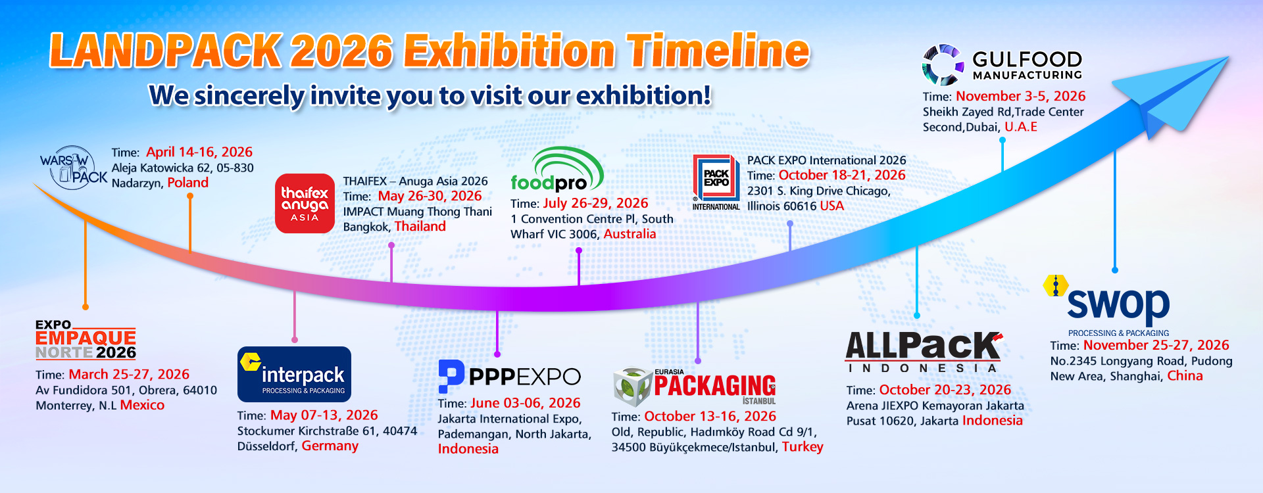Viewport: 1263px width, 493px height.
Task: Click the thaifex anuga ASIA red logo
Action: coord(305,203)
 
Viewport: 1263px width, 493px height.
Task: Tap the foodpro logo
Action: coord(556,170)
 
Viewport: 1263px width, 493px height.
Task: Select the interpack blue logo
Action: coord(294,374)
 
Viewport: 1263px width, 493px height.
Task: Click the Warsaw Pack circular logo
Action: coord(73,168)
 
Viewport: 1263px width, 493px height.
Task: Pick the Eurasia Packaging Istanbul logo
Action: coord(695,386)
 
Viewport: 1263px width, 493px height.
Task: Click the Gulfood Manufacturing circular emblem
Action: coord(943,65)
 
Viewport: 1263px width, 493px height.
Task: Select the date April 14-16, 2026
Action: coord(199,152)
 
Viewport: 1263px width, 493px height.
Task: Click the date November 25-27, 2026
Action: coord(1156,345)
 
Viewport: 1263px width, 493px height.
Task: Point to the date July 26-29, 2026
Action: coord(595,203)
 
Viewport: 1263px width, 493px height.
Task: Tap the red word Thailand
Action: coord(420,226)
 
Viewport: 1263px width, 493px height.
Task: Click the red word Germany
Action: coord(330,446)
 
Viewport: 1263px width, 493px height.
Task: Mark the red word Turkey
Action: coord(802,447)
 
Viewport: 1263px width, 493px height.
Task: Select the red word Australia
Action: coord(630,234)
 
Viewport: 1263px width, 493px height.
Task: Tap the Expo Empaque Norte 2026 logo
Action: coord(86,340)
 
